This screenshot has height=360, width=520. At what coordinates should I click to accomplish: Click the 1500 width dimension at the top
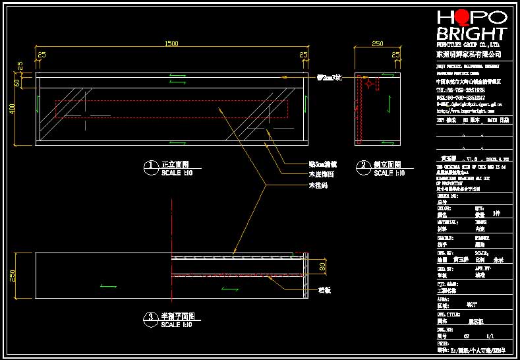click(171, 44)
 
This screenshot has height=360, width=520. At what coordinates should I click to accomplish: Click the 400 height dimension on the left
click(12, 109)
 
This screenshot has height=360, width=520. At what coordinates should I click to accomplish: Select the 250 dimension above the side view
click(378, 44)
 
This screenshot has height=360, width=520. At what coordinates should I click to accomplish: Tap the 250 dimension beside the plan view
click(12, 276)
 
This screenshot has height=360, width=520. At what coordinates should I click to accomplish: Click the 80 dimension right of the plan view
click(322, 267)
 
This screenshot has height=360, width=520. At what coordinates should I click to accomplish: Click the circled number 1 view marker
click(151, 165)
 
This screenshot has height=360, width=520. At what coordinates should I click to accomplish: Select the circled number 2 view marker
click(363, 165)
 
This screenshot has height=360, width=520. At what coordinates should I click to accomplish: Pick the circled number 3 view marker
click(151, 317)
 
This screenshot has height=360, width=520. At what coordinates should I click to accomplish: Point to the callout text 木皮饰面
click(321, 175)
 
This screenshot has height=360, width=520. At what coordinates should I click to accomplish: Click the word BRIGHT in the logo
click(472, 34)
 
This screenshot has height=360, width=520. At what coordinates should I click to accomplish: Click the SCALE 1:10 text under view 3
click(177, 325)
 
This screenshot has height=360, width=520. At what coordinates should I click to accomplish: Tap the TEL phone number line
click(461, 90)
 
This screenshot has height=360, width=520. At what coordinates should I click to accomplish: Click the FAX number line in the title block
click(461, 98)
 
